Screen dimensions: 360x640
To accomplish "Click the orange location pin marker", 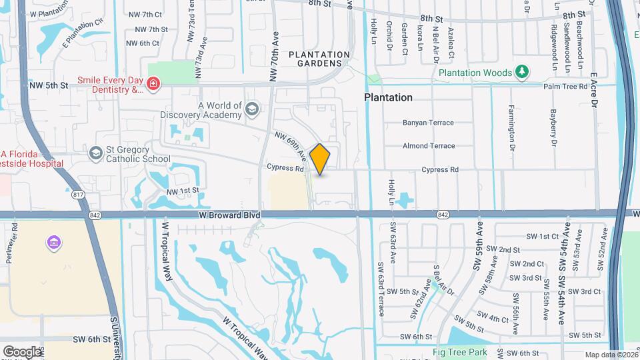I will [320, 159].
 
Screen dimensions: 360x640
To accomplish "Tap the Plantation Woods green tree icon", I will [523, 72].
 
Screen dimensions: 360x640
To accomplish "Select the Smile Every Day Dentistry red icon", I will [153, 84].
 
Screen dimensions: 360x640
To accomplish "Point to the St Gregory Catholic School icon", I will [96, 154].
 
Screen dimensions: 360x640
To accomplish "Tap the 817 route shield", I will [79, 195].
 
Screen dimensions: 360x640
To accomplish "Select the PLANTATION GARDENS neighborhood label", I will [319, 59].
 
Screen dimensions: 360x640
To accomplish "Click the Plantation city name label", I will [388, 97].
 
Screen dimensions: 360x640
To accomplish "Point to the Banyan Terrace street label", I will [428, 123].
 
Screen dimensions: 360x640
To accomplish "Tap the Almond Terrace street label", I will [429, 146].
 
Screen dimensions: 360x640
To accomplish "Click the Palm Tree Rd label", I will [565, 87].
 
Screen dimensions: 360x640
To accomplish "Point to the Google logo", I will [22, 351].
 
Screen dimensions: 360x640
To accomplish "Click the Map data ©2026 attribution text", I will [610, 355].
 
